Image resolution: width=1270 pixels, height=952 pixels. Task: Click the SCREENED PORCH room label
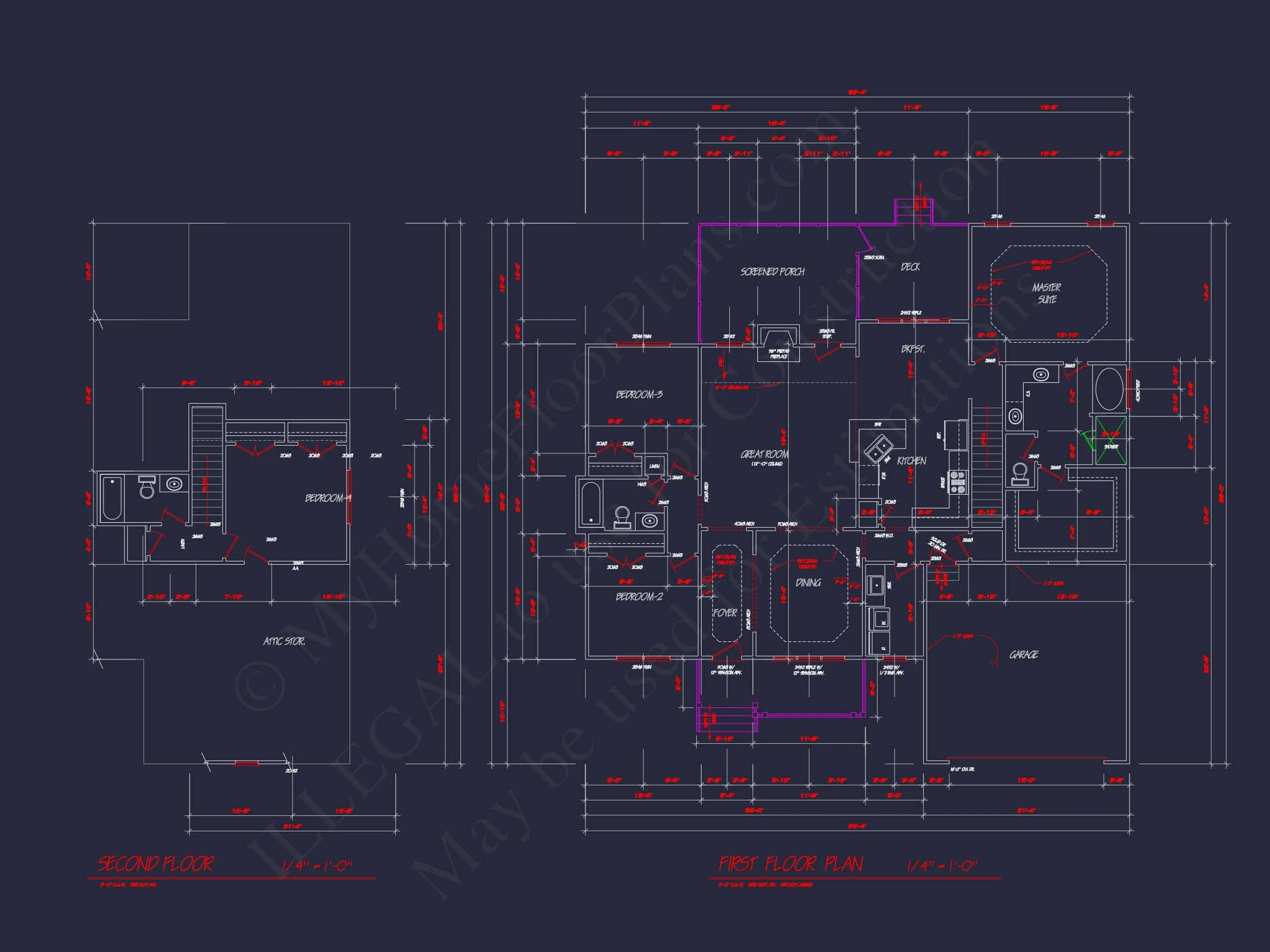tap(772, 272)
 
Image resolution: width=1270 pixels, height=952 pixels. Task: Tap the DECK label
tap(910, 267)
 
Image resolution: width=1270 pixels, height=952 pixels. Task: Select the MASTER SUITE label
tap(1047, 293)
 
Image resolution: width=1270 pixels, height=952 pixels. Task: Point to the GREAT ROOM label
tap(764, 454)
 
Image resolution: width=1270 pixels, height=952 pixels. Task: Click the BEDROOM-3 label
tap(639, 394)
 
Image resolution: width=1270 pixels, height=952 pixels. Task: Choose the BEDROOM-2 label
tap(639, 597)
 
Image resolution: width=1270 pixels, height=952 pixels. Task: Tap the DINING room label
tap(808, 582)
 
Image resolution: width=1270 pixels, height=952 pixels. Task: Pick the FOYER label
tap(724, 613)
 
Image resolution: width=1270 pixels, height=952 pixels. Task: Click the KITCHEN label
tap(911, 461)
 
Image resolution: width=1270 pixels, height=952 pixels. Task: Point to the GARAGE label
tap(1024, 654)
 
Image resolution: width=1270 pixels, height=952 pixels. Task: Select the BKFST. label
tap(912, 349)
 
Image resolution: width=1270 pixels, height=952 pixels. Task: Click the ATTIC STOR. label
tap(284, 641)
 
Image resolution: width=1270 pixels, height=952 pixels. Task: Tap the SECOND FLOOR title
tap(155, 864)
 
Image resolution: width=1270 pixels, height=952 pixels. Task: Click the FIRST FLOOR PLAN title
tap(790, 864)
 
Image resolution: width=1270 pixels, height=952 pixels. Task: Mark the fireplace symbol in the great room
tap(778, 343)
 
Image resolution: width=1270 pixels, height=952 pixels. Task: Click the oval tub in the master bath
tap(1109, 388)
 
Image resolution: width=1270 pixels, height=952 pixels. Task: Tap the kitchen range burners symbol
tap(957, 482)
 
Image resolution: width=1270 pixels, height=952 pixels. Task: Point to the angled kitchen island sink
tap(879, 448)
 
